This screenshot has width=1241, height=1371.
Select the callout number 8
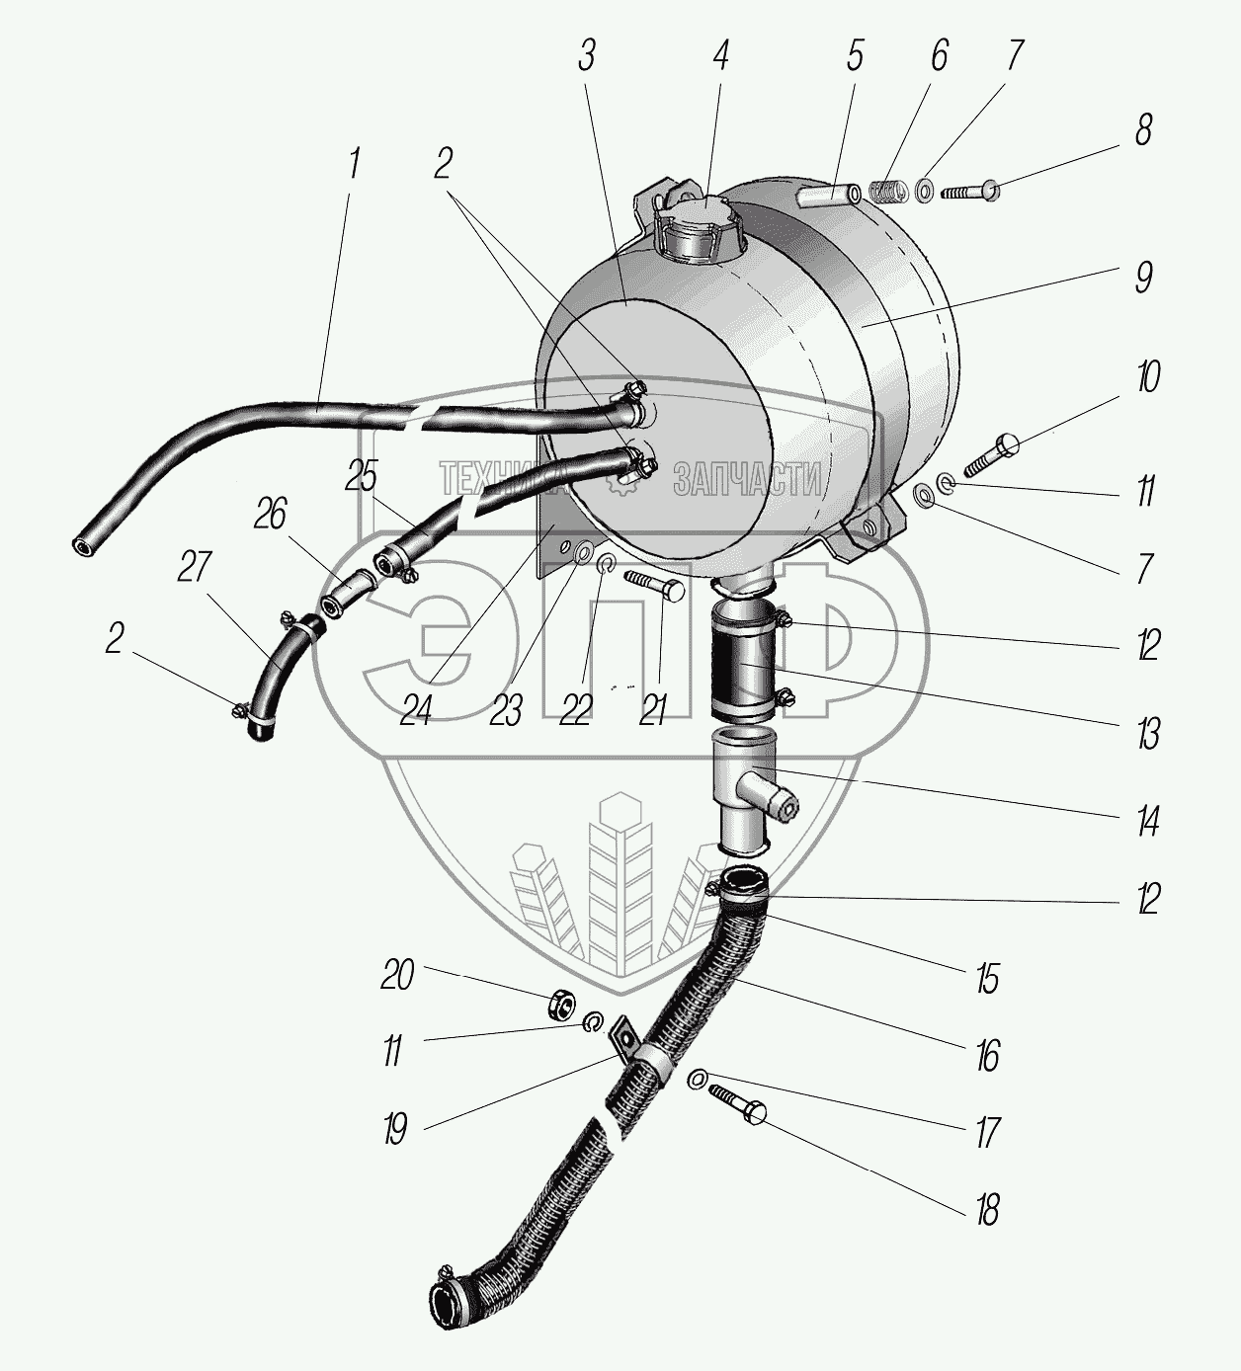[1143, 130]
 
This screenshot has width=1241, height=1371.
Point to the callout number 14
[1146, 821]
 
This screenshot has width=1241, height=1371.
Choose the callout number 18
[987, 1209]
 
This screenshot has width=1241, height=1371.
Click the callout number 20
[397, 976]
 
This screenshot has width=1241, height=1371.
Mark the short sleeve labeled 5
[829, 192]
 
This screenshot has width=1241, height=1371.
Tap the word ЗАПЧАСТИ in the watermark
[748, 481]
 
